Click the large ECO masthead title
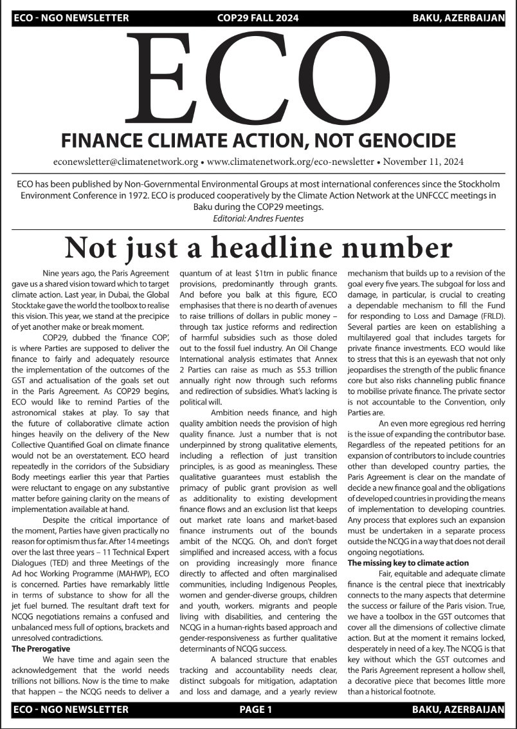pos(257,77)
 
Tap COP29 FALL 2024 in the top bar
pos(258,18)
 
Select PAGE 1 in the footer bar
pos(256,710)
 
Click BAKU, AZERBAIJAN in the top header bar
pos(458,18)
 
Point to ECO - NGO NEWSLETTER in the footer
pos(71,710)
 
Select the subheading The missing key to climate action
pos(408,563)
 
